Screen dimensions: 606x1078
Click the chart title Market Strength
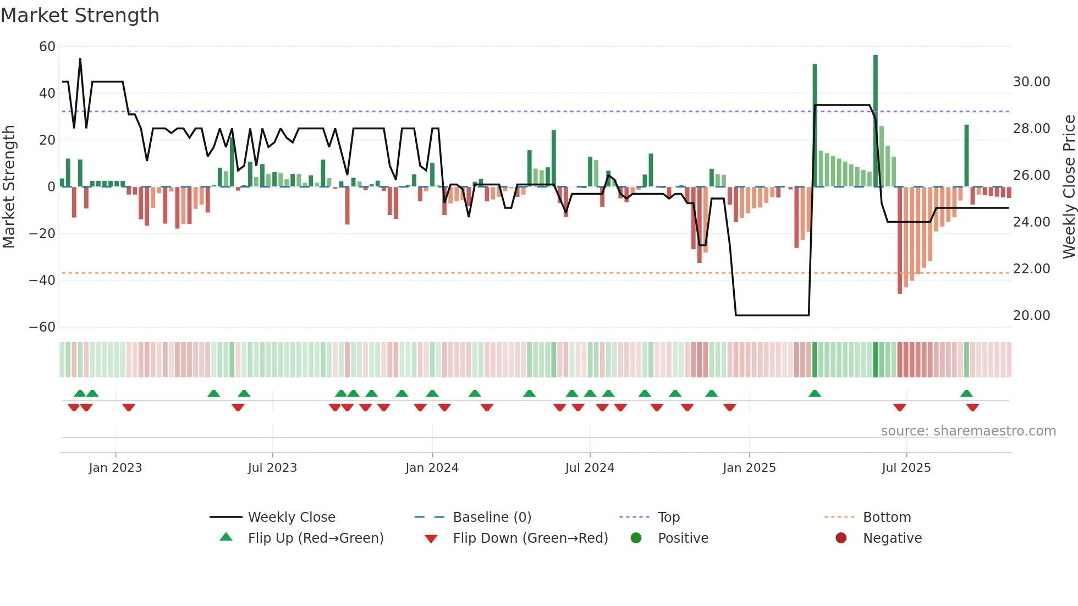point(80,15)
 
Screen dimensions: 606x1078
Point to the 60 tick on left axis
point(47,47)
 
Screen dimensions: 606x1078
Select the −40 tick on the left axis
point(42,280)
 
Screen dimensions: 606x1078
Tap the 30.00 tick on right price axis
point(1031,82)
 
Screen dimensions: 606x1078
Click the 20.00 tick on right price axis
point(1031,316)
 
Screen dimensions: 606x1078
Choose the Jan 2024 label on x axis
point(432,468)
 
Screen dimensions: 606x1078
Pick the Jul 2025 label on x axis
point(906,468)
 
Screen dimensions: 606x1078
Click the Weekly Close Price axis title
point(1069,186)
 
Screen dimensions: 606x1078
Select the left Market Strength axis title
point(9,186)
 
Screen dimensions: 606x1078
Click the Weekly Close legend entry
point(291,517)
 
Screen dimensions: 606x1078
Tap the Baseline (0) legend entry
point(492,517)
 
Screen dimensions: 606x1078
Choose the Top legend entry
point(668,517)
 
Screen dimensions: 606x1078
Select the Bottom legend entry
point(887,517)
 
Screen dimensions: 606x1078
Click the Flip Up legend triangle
point(226,537)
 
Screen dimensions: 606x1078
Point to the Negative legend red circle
point(841,538)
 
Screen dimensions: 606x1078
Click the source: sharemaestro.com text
point(968,431)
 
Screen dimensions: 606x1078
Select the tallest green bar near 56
point(876,121)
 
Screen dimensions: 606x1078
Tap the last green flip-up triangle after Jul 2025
point(966,393)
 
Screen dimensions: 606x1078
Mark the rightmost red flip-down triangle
point(972,407)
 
